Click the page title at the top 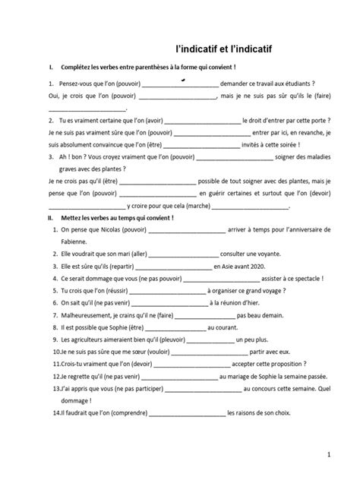tap(218, 49)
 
